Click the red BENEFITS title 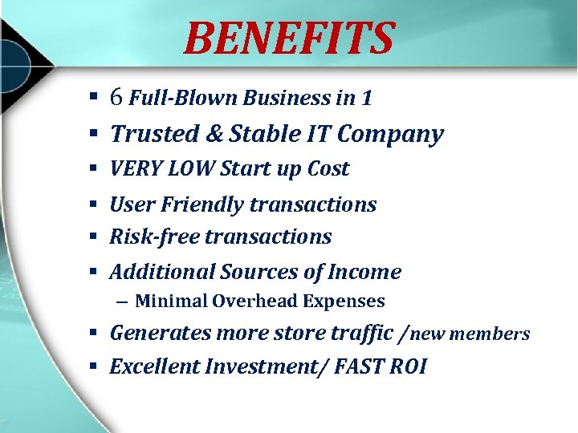tap(289, 38)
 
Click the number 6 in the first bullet tap(116, 98)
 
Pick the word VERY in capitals tap(135, 169)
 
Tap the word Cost tap(327, 169)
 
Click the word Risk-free tap(154, 237)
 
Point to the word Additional tap(163, 272)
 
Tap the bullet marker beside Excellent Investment tap(93, 366)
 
